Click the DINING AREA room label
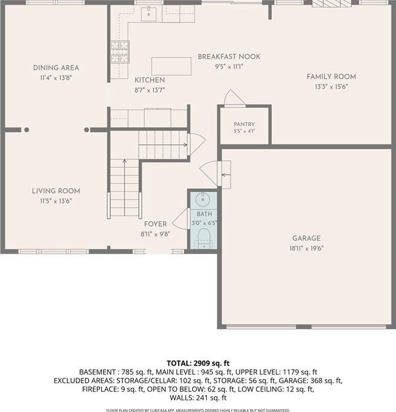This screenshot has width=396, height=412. pyautogui.click(x=56, y=68)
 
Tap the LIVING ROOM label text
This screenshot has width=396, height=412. pyautogui.click(x=56, y=191)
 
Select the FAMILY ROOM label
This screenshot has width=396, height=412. pyautogui.click(x=332, y=77)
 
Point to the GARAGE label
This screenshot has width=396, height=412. pyautogui.click(x=306, y=238)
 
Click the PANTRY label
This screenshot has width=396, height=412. pyautogui.click(x=244, y=124)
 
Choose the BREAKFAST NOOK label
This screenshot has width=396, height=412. pyautogui.click(x=229, y=56)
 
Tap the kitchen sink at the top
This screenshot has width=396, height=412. pyautogui.click(x=149, y=14)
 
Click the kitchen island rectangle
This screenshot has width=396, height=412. pyautogui.click(x=171, y=66)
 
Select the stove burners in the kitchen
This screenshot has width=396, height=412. pyautogui.click(x=120, y=52)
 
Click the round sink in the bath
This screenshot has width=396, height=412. pyautogui.click(x=203, y=200)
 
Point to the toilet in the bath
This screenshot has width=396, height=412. pyautogui.click(x=204, y=238)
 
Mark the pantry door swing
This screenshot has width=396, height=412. pyautogui.click(x=234, y=97)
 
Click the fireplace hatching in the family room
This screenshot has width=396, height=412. pyautogui.click(x=332, y=3)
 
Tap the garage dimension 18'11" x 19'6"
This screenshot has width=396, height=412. pyautogui.click(x=306, y=248)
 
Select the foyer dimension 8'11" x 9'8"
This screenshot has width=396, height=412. pyautogui.click(x=155, y=234)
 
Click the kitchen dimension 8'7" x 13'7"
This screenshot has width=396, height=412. pyautogui.click(x=149, y=90)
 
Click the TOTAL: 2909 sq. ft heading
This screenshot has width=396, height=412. pyautogui.click(x=198, y=363)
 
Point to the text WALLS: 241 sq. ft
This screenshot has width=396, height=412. pyautogui.click(x=198, y=398)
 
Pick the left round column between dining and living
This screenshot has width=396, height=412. pyautogui.click(x=26, y=130)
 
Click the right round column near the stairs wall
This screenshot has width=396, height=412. pyautogui.click(x=87, y=130)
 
